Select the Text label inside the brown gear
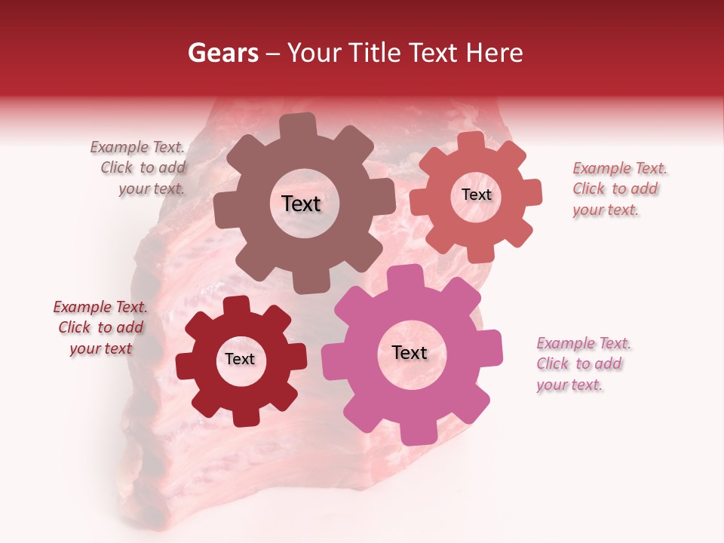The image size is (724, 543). point(301,204)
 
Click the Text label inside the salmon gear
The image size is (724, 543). point(476,195)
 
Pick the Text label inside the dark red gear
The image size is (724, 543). point(240,359)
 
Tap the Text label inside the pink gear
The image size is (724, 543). point(410,352)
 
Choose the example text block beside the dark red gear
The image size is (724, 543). point(100,327)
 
